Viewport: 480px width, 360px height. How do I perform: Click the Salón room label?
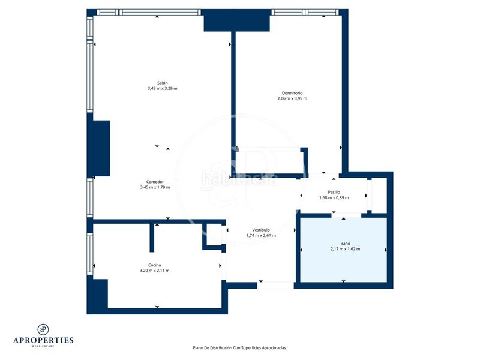[162, 83]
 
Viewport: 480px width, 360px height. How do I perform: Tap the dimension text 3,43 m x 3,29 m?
[162, 88]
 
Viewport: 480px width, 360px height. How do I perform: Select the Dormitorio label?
[292, 93]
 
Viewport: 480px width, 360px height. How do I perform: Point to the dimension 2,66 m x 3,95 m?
[292, 98]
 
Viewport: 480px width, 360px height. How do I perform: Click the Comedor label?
[155, 182]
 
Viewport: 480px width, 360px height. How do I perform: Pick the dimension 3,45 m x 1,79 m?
[155, 187]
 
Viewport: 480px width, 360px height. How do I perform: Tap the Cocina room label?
[154, 265]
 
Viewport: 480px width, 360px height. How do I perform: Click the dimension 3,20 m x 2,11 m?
[154, 271]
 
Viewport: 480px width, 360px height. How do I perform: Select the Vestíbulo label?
[261, 230]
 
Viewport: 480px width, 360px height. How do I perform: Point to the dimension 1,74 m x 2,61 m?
[261, 235]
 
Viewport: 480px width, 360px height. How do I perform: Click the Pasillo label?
[334, 192]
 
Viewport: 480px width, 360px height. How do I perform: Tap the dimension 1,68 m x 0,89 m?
[334, 198]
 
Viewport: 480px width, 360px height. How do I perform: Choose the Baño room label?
[345, 244]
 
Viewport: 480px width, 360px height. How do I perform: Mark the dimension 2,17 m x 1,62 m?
[345, 249]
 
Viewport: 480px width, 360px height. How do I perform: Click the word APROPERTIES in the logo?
[43, 340]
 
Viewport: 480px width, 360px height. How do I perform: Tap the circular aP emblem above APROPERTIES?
[43, 329]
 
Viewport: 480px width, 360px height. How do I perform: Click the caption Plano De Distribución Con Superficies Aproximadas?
[239, 348]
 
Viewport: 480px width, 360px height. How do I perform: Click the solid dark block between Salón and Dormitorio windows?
[236, 20]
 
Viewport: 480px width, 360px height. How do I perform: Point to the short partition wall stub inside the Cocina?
[152, 238]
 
